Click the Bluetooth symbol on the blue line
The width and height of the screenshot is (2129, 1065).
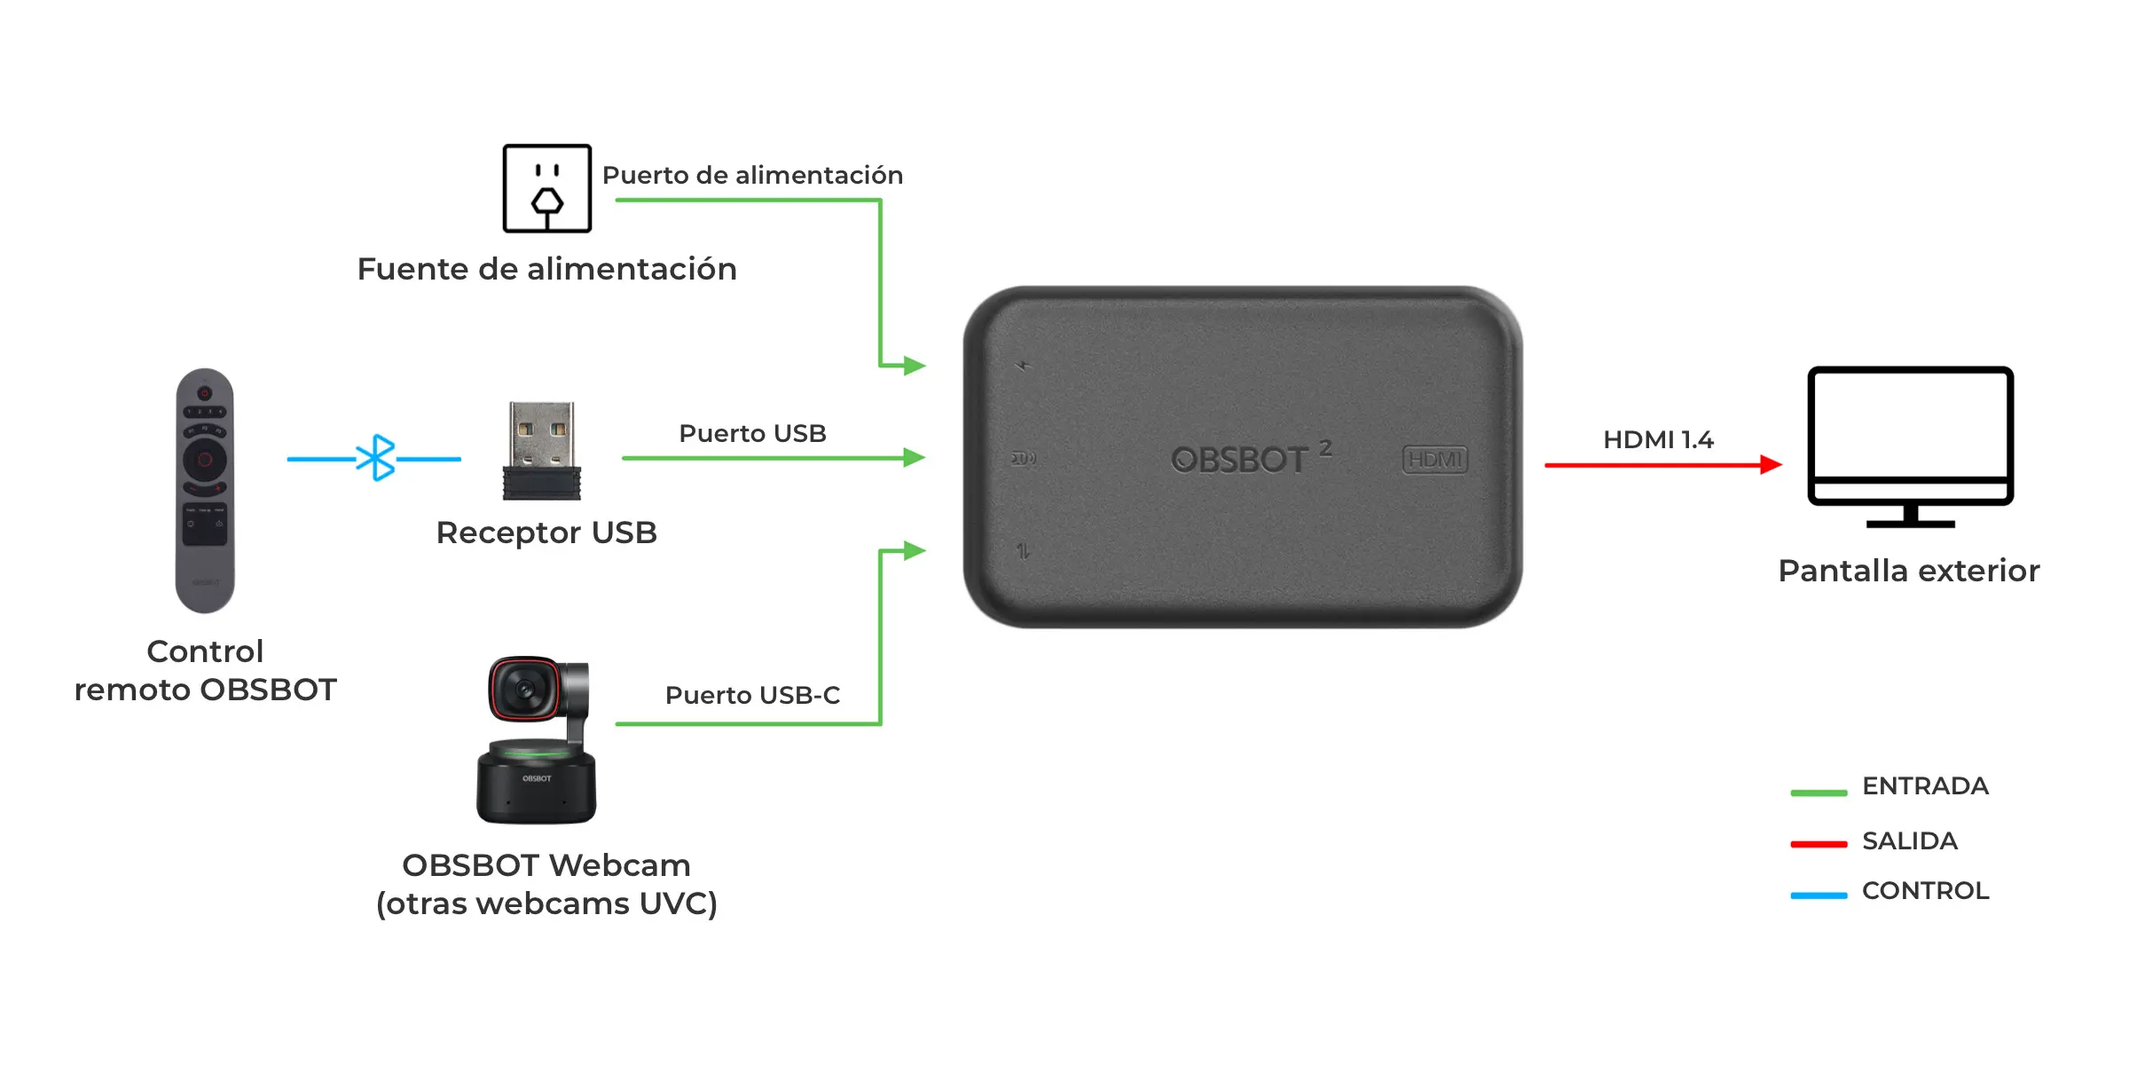tap(375, 458)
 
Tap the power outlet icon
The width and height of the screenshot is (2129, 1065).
tap(546, 188)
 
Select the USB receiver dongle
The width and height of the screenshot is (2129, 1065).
tap(542, 451)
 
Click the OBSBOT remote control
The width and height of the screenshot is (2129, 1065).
tap(205, 491)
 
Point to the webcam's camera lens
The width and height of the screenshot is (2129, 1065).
tap(523, 689)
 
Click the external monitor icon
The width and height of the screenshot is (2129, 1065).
tap(1911, 447)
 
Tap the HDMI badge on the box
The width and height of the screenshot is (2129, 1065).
tap(1434, 459)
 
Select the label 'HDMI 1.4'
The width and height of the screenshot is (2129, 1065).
tap(1658, 439)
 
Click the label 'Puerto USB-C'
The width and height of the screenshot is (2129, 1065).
tap(752, 695)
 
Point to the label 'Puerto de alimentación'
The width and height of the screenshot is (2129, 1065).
tap(752, 175)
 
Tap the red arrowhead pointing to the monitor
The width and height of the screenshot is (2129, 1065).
tap(1771, 464)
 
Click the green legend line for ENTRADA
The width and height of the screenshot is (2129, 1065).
tap(1819, 793)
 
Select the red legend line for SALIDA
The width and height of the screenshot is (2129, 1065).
tap(1819, 844)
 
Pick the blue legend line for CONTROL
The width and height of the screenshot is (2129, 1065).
tap(1819, 895)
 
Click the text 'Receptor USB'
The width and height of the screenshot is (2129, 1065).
tap(546, 532)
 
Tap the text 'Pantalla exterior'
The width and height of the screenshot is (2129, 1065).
tap(1909, 571)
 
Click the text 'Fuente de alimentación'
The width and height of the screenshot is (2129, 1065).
tap(546, 269)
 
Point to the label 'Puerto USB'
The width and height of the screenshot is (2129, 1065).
tap(752, 433)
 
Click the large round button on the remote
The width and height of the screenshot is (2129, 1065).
tap(205, 459)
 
